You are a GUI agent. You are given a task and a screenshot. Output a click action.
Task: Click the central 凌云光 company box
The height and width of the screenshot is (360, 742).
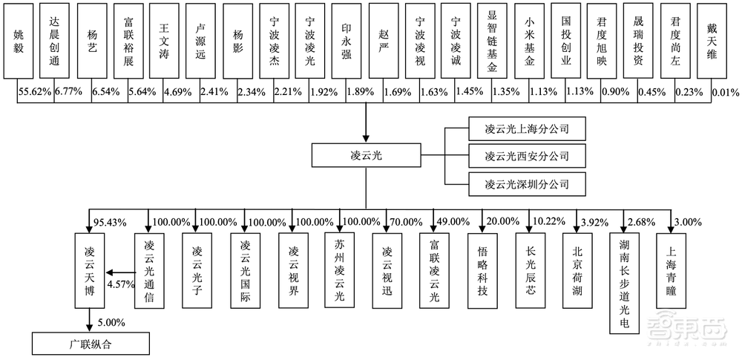click(x=364, y=156)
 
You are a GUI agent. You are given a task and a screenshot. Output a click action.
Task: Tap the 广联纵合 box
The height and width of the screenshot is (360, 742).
click(x=90, y=344)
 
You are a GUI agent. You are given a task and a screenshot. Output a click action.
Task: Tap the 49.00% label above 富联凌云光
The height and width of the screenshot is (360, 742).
click(x=453, y=222)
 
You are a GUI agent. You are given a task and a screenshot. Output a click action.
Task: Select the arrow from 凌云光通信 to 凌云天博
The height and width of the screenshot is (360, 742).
click(x=116, y=272)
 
